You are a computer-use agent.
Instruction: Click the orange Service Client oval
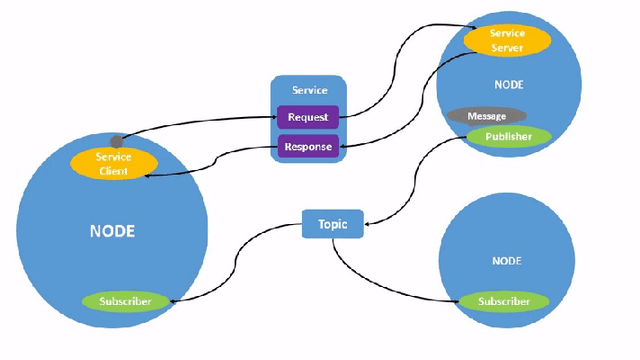[x=113, y=164]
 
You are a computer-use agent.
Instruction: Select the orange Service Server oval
[x=506, y=41]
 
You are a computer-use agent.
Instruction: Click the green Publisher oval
[x=508, y=136]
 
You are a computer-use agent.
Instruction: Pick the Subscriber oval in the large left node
[x=124, y=300]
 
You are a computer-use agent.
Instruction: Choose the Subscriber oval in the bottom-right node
[x=504, y=301]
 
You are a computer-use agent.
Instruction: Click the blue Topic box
[x=332, y=224]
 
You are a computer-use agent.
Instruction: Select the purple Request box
[x=308, y=118]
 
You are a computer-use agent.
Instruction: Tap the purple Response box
[x=308, y=147]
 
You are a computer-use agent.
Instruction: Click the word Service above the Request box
[x=309, y=91]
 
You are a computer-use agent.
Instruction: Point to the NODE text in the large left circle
[x=112, y=231]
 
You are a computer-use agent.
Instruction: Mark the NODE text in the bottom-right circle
[x=506, y=260]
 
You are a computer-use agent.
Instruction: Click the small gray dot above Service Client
[x=117, y=142]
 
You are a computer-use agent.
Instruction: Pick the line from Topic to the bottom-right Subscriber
[x=380, y=284]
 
